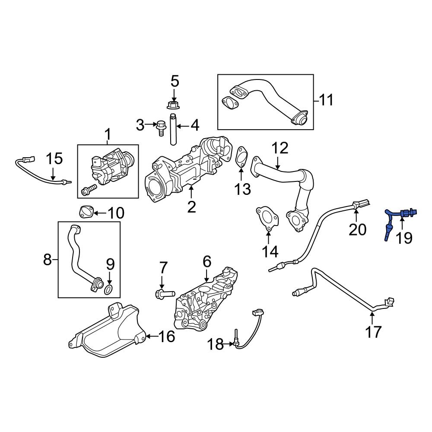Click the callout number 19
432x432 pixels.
pos(405,237)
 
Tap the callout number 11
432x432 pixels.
pos(327,100)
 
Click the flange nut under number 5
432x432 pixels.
pos(175,104)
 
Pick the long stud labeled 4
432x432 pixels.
pos(174,130)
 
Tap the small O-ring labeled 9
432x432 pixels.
pos(110,289)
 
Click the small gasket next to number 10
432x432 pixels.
pos(85,212)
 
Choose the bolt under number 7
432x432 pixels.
pos(163,294)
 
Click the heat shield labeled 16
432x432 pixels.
pos(106,333)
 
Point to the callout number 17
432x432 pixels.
pos(374,332)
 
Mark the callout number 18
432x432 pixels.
pos(215,344)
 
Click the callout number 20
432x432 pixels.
pos(357,229)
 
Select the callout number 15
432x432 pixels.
pos(54,159)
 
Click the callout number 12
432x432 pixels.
pos(280,149)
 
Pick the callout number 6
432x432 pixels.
pos(206,262)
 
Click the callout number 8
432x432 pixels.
pos(48,260)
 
